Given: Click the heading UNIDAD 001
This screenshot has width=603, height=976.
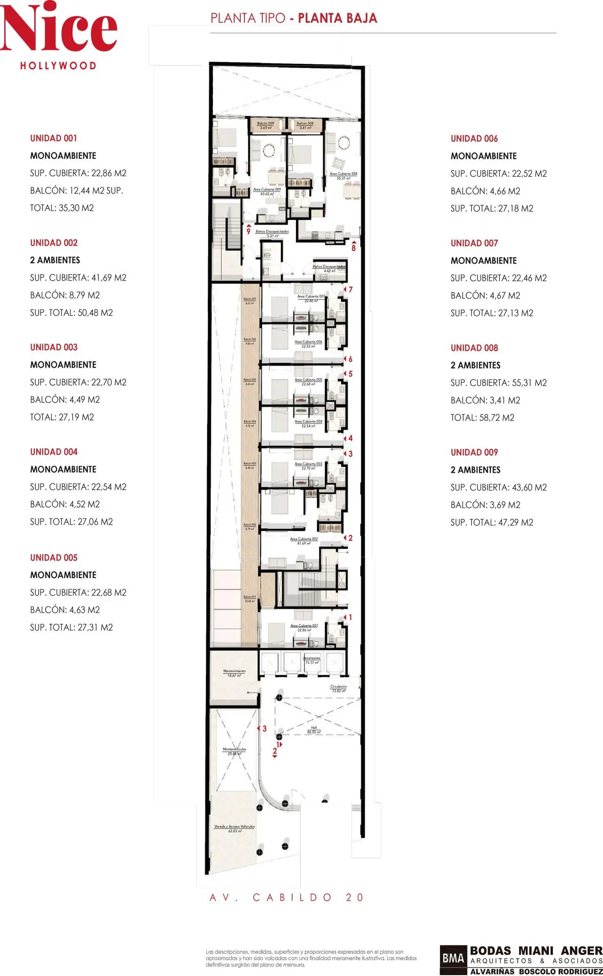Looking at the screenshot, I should tap(53, 138).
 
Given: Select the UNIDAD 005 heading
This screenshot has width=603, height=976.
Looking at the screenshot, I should tap(54, 558).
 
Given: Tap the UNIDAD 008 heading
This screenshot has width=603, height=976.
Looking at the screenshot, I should tap(474, 348).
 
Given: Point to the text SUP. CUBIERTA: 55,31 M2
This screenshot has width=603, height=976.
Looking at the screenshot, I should tap(498, 383).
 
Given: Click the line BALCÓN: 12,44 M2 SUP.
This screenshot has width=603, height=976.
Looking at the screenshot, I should tap(76, 191).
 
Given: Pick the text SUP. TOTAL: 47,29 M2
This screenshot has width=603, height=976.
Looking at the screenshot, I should tap(492, 522).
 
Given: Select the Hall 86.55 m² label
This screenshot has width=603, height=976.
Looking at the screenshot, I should tap(314, 730).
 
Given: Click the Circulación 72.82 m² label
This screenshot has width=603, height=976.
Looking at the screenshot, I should tap(338, 688).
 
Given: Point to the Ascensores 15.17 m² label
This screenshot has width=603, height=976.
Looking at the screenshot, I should tap(311, 660).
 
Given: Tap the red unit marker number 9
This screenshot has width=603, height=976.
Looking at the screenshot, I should tap(248, 231).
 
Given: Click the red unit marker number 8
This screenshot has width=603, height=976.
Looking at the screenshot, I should tap(354, 248).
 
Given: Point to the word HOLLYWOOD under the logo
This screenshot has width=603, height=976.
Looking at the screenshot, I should tap(58, 66).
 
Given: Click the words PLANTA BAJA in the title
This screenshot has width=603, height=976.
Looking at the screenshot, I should tap(337, 18).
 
